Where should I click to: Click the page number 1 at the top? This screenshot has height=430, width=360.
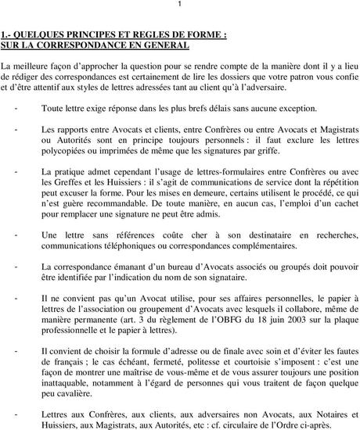(180, 5)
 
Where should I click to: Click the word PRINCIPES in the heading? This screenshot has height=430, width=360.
(93, 35)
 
